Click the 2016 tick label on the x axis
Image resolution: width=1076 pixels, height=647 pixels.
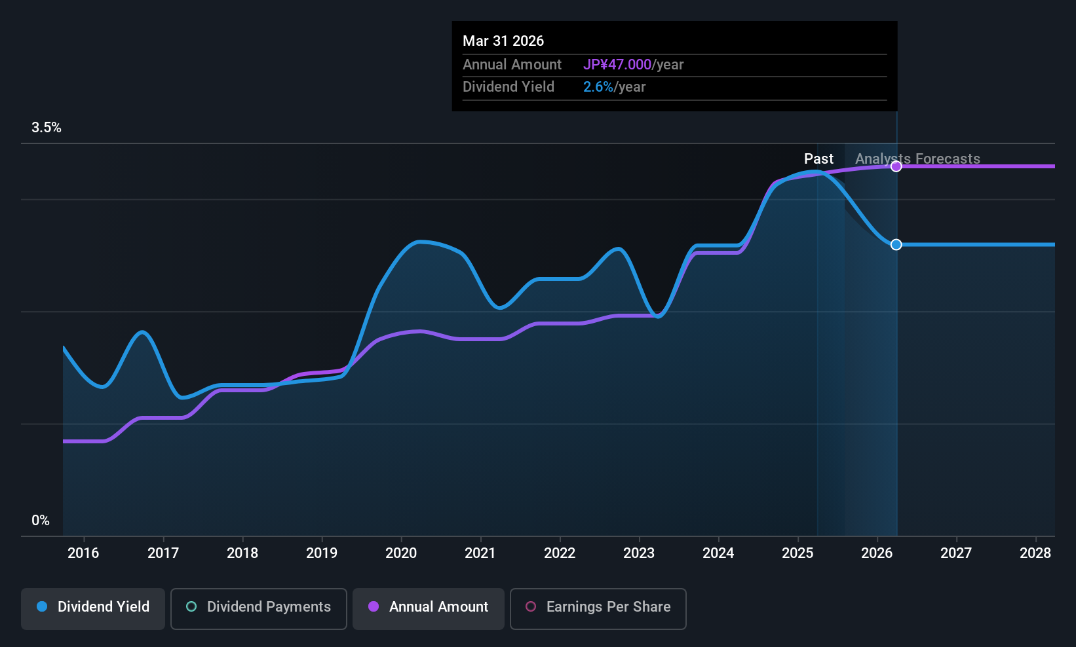tap(83, 553)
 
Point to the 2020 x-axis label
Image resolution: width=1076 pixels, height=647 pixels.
tap(400, 553)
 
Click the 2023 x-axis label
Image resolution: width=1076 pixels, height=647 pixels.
tap(638, 553)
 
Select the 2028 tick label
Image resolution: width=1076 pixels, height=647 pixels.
tap(1035, 553)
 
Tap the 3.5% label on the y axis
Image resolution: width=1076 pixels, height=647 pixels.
tap(46, 128)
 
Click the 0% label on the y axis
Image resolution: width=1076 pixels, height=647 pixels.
tap(40, 521)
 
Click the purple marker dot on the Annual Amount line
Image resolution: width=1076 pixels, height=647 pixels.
tap(896, 166)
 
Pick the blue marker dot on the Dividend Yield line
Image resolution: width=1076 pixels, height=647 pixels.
tap(896, 244)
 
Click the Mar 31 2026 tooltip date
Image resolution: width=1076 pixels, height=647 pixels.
tap(503, 41)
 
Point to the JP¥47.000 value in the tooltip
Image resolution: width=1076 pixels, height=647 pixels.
tap(617, 65)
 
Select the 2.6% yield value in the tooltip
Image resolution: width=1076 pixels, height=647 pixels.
tap(598, 87)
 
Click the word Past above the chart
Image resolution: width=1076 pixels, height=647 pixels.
tap(818, 159)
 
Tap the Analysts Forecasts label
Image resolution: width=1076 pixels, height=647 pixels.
tap(917, 159)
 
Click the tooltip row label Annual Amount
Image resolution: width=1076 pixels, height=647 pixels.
tap(512, 65)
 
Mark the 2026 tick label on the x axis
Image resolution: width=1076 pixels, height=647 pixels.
tap(876, 553)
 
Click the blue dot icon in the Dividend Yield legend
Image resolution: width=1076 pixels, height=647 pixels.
tap(42, 607)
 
